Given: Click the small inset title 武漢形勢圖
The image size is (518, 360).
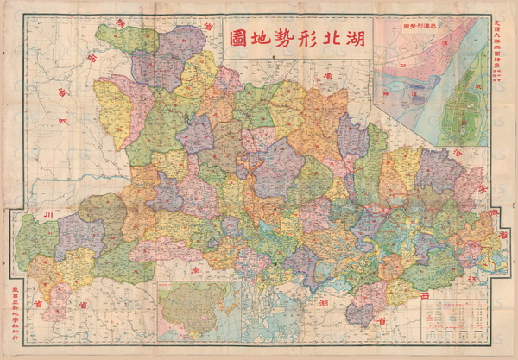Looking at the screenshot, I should pyautogui.click(x=410, y=26).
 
